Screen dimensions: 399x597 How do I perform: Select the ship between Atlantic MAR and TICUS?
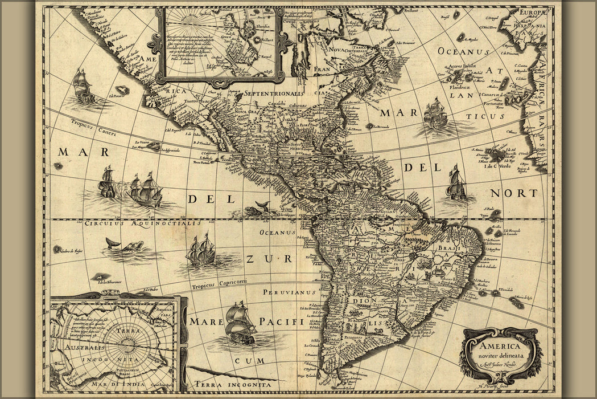pyautogui.click(x=435, y=113)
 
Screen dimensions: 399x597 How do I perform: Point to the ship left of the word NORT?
pyautogui.click(x=456, y=184)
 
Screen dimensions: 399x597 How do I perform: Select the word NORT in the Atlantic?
pyautogui.click(x=514, y=193)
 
